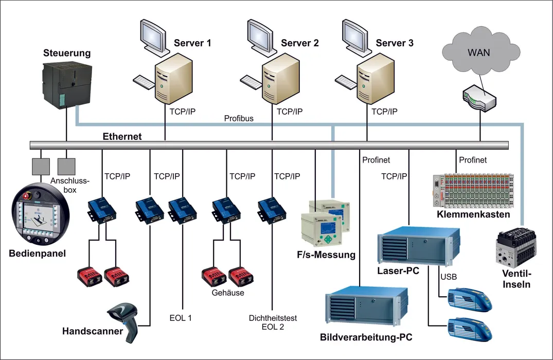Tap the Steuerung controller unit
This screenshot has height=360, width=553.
click(x=66, y=82)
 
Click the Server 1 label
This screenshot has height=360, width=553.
click(x=192, y=43)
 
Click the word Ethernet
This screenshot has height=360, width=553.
click(x=122, y=136)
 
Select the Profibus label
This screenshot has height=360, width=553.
click(x=239, y=119)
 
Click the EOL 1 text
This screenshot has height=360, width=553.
click(x=181, y=318)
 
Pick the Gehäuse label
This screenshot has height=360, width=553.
click(x=227, y=293)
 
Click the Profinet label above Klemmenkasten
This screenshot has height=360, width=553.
click(x=473, y=160)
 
